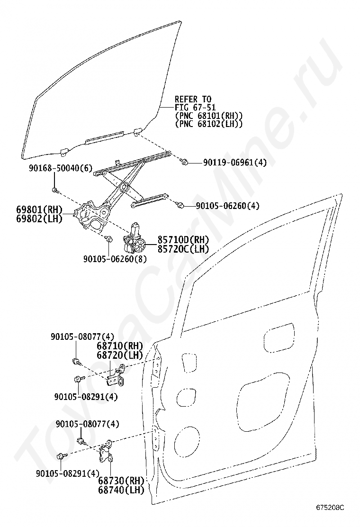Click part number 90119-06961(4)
pos(235,163)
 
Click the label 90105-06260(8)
pos(115,259)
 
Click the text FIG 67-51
pos(195,108)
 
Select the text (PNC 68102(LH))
pos(208,124)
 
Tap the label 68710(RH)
pos(120,346)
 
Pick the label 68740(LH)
pos(121,490)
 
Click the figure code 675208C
pos(331,508)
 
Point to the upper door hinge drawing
pos(117,375)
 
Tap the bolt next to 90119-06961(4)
pos(185,163)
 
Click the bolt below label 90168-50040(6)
pos(55,191)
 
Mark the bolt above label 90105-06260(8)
pos(108,238)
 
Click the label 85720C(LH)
pos(182,249)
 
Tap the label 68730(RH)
pos(121,481)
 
